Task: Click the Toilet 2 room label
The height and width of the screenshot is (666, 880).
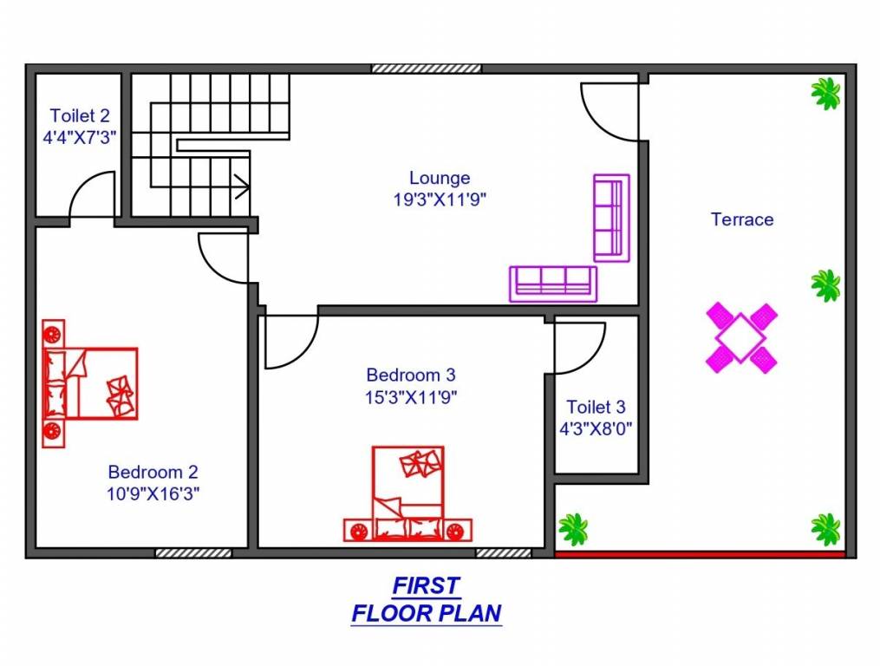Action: click(80, 115)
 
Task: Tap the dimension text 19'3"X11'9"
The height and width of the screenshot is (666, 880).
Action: click(440, 199)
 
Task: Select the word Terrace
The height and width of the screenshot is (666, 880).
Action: click(742, 219)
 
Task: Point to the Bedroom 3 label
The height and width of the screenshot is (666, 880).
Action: click(411, 375)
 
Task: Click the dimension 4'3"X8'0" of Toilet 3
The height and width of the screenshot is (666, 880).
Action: click(596, 428)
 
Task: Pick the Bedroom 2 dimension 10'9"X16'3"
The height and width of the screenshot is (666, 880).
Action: click(153, 493)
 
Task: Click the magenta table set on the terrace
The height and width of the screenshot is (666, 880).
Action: click(741, 337)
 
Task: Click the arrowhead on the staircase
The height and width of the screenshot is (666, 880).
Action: click(244, 185)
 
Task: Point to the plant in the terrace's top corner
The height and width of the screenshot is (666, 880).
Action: click(825, 93)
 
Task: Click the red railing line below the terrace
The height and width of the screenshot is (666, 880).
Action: click(700, 554)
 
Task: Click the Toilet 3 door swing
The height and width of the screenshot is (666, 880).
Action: click(579, 348)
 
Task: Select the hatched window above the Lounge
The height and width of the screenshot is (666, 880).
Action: click(427, 69)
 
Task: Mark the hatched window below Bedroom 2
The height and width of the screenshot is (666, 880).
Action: click(193, 552)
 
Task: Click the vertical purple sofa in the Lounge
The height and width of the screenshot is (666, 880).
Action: click(611, 217)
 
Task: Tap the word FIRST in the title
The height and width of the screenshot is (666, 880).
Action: click(426, 585)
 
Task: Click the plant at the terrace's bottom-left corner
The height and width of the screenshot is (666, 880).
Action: click(572, 527)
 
